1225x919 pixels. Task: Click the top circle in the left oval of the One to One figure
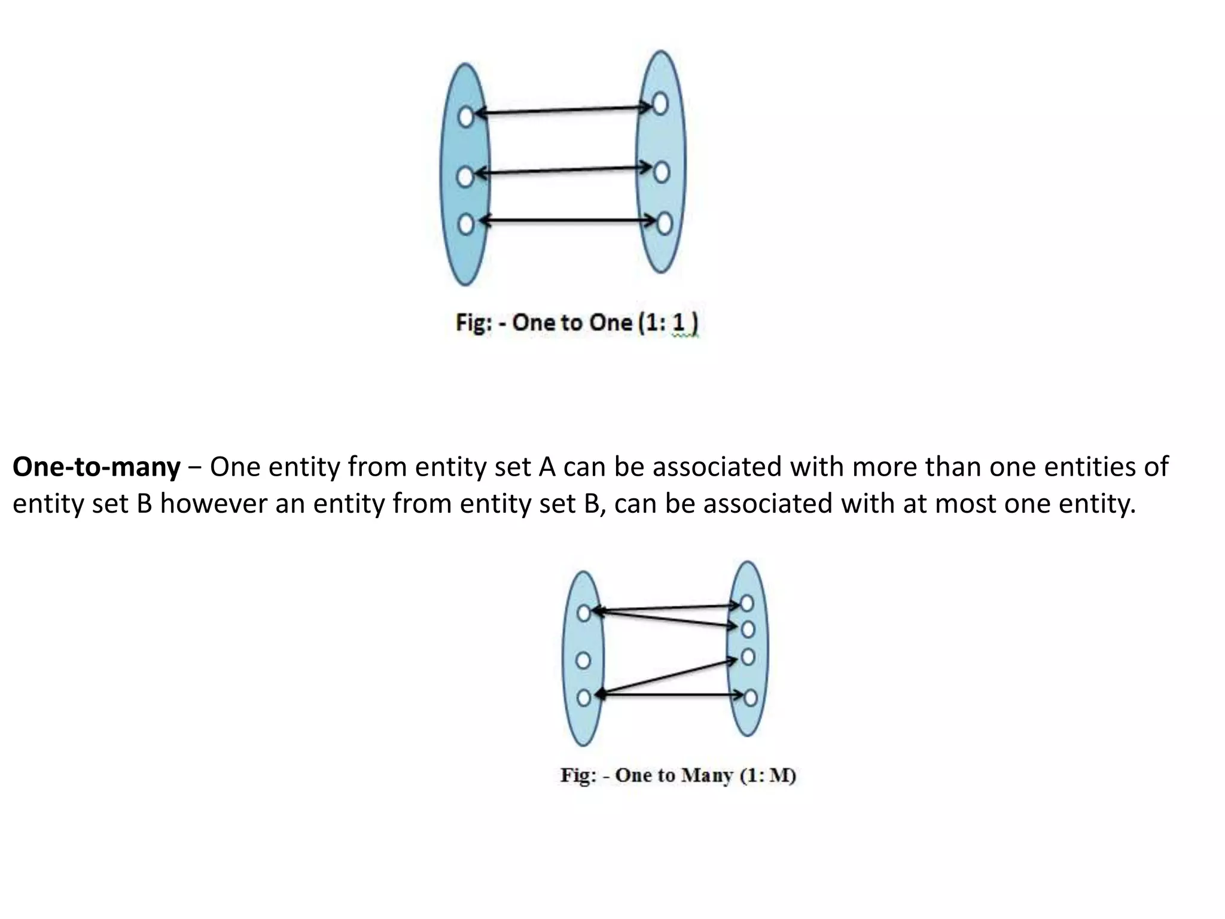point(466,117)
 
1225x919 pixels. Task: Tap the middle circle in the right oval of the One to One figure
point(661,172)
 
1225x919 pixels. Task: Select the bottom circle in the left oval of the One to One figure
point(466,224)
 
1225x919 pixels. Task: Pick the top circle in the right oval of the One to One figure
point(660,104)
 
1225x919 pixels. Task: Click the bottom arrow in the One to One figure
point(568,221)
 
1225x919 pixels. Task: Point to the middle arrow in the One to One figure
point(562,171)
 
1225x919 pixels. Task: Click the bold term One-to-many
point(96,467)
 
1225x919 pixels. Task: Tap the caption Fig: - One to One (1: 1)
point(577,323)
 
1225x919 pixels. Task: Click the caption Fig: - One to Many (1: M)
point(678,775)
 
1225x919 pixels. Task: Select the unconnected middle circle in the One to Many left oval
point(583,661)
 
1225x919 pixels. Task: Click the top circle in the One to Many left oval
point(584,613)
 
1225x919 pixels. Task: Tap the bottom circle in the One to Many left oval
point(584,697)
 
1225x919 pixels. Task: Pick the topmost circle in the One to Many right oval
point(746,604)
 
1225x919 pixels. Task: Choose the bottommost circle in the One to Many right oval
point(750,698)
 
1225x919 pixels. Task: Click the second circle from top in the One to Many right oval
point(748,629)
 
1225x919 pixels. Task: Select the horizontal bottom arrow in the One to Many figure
point(670,695)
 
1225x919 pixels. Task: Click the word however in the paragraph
point(214,504)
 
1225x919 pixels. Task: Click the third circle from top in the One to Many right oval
point(748,657)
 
